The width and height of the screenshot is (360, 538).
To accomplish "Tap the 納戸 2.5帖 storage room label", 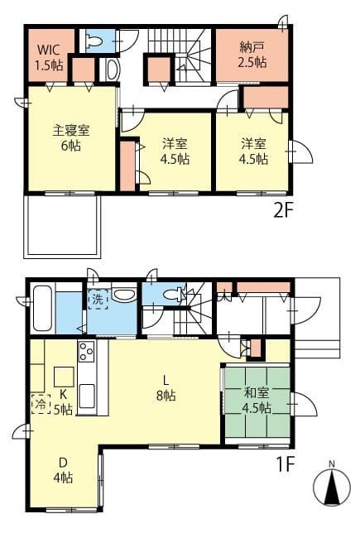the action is (x=252, y=55).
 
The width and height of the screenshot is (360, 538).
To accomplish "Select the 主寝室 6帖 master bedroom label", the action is (x=71, y=138).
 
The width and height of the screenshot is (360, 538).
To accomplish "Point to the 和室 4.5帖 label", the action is (x=257, y=401).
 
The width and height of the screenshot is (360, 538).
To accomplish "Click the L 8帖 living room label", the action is (x=166, y=388).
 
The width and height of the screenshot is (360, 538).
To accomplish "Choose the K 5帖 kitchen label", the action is (x=63, y=401).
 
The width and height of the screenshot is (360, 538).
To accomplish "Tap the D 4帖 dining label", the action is (x=63, y=470).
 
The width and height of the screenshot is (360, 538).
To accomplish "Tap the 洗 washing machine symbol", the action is (x=98, y=300).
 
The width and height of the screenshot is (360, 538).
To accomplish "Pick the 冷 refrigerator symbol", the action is (x=41, y=404).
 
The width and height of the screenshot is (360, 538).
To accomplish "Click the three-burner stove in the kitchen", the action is (x=86, y=351).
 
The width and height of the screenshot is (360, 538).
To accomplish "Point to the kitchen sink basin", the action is (x=87, y=396).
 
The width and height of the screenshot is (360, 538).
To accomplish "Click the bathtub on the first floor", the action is (x=42, y=309).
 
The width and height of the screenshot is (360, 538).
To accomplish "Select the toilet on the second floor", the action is (x=94, y=41).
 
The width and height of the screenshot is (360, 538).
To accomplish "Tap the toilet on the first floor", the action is (x=173, y=295).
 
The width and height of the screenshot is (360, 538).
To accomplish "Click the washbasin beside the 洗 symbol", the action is (x=124, y=294).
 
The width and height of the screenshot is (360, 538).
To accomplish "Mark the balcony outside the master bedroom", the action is (x=62, y=226).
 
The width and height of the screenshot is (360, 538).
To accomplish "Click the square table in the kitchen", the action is (x=64, y=377).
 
